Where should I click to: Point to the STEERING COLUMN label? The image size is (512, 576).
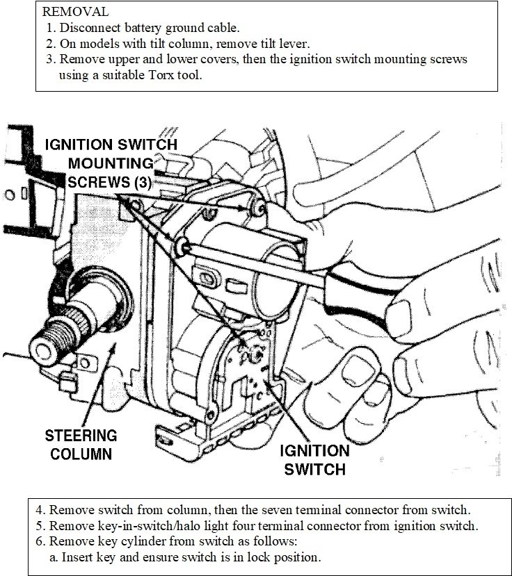click(81, 445)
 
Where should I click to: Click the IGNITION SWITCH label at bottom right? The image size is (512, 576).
click(314, 459)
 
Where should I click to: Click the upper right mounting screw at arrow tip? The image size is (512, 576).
click(257, 206)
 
